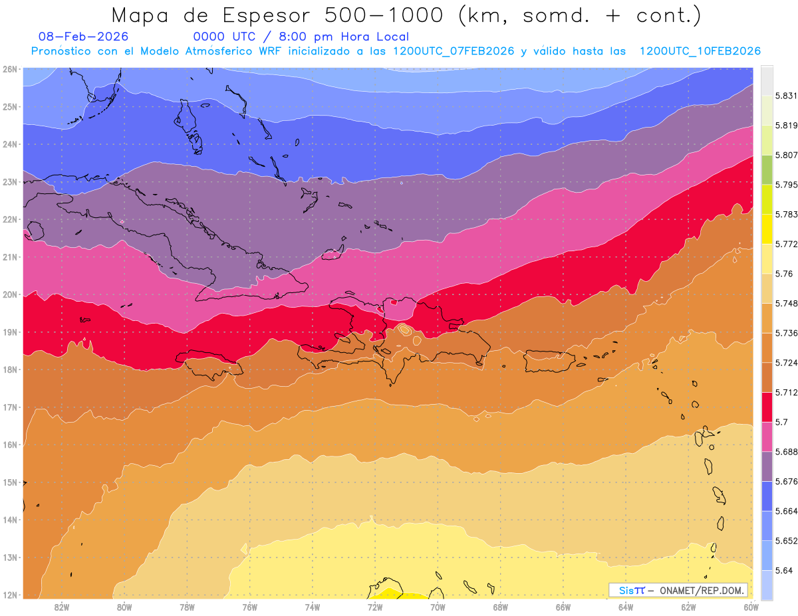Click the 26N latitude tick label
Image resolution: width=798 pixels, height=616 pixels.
(x=10, y=68)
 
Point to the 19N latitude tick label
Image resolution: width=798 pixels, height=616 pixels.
(x=10, y=332)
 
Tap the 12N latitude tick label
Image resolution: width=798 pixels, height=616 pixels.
(x=10, y=595)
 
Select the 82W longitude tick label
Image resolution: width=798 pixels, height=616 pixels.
(x=62, y=607)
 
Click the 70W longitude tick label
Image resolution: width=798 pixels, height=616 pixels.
(x=438, y=607)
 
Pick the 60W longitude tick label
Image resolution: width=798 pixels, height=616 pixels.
(x=751, y=607)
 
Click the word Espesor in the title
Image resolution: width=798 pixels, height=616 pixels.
(x=273, y=15)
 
